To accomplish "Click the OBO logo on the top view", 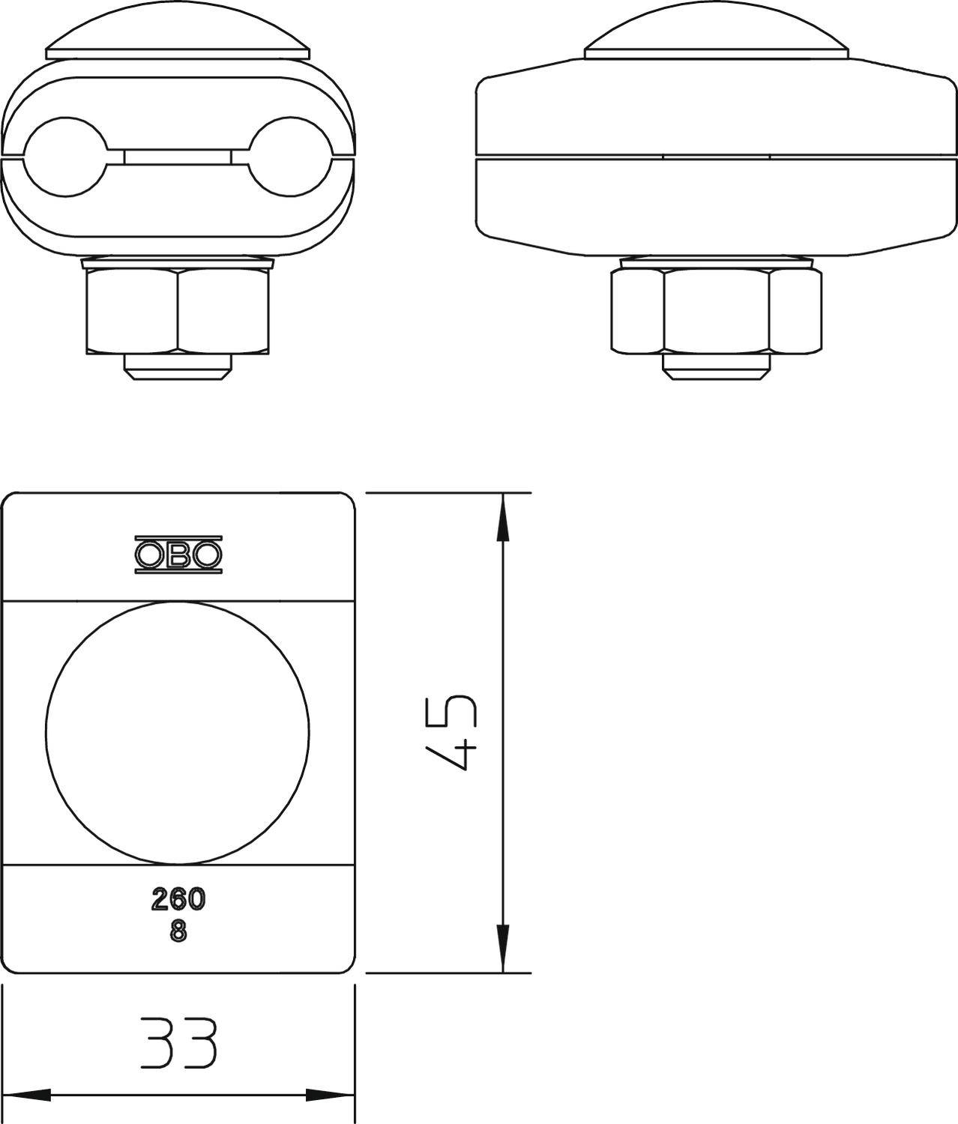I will [x=178, y=555].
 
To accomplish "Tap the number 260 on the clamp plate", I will [x=178, y=898].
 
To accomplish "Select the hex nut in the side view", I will [x=716, y=310].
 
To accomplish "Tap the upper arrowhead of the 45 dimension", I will [x=503, y=517].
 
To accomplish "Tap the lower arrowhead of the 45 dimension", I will [x=503, y=948].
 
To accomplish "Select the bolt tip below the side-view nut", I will [x=716, y=365].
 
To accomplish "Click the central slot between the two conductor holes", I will [x=178, y=157].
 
